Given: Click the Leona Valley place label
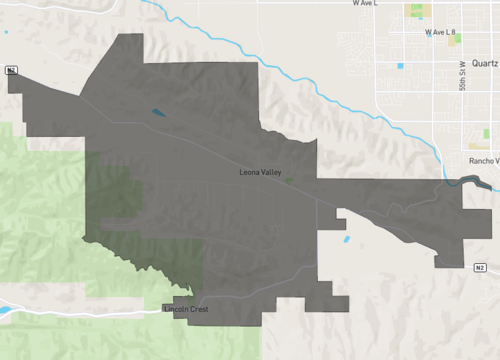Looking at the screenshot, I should coord(260,173).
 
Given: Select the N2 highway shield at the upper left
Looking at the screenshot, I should coord(11,70).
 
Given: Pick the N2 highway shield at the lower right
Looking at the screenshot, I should coord(480,267).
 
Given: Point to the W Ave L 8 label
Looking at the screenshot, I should coord(439,33).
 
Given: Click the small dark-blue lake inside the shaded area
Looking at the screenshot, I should coord(157,113).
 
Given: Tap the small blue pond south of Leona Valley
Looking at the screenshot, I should coord(346,239).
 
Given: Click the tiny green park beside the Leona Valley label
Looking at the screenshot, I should coord(289,181).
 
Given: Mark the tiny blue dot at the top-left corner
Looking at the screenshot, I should coord(5,33).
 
